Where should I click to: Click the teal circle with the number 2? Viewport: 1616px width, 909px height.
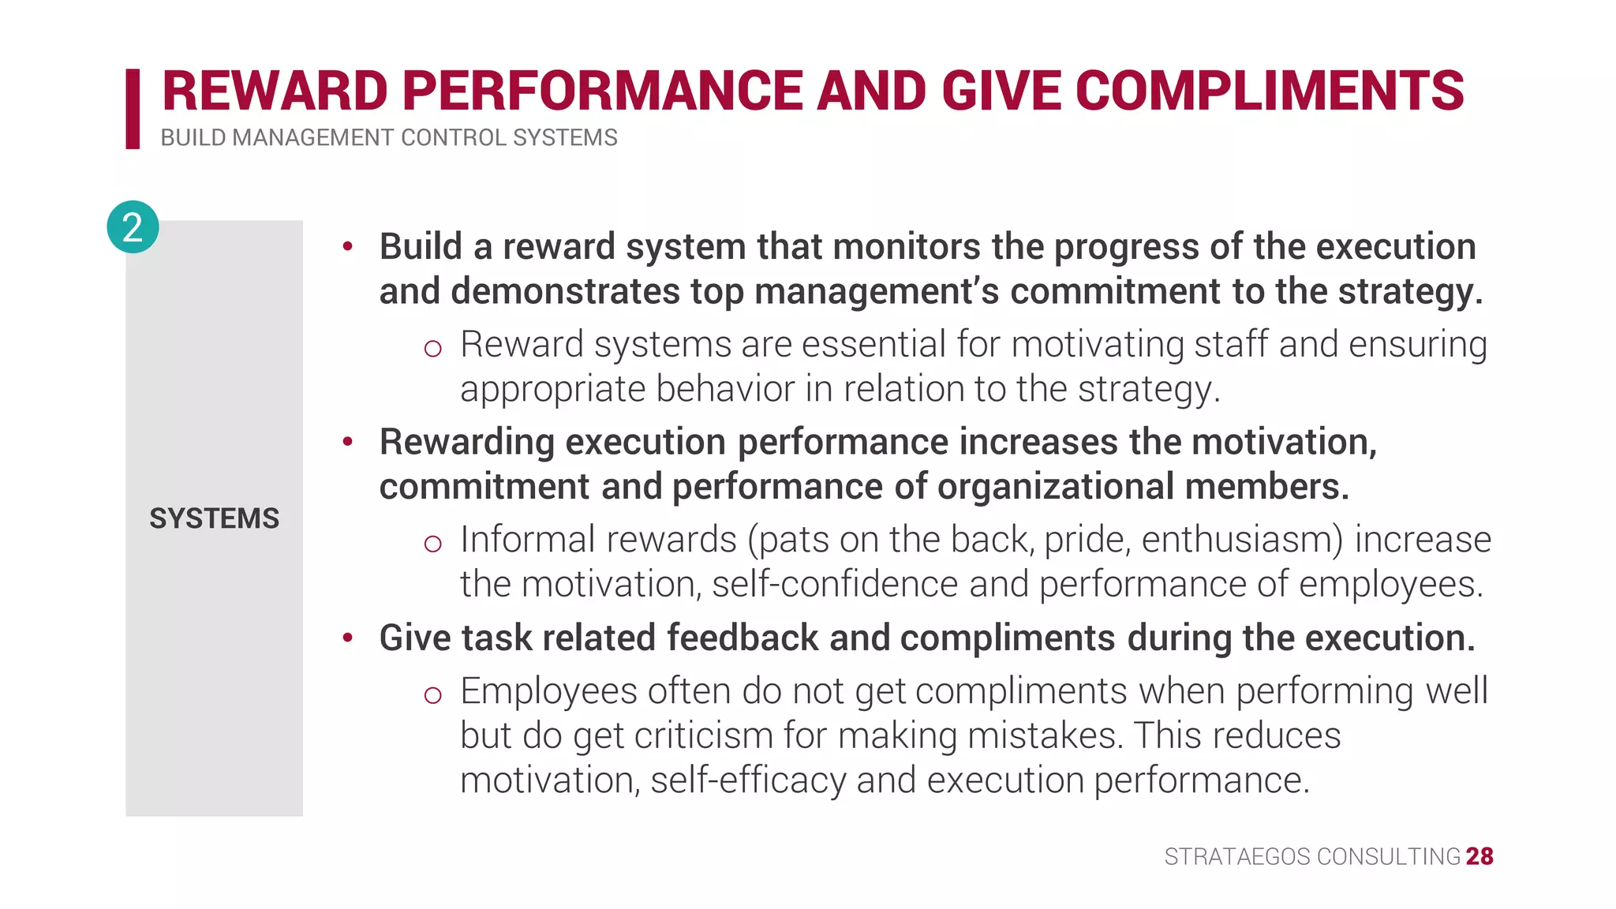point(133,227)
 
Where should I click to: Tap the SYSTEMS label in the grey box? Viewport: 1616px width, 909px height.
point(214,518)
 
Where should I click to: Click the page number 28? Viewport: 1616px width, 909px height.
point(1479,856)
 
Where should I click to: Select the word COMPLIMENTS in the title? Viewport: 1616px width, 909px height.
point(1270,91)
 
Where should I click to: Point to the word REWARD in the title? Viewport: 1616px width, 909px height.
point(275,91)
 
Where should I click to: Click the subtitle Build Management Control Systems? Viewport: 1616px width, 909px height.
point(389,138)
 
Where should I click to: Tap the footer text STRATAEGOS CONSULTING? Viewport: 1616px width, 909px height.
point(1312,857)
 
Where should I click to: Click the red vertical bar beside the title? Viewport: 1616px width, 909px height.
point(133,109)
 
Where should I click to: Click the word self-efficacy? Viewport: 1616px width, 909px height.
point(748,780)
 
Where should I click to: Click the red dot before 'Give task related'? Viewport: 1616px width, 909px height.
point(347,638)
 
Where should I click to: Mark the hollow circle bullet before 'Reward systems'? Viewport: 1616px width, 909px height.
point(432,348)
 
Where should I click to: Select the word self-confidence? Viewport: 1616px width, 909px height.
point(834,585)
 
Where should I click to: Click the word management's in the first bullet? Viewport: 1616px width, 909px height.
point(877,291)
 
